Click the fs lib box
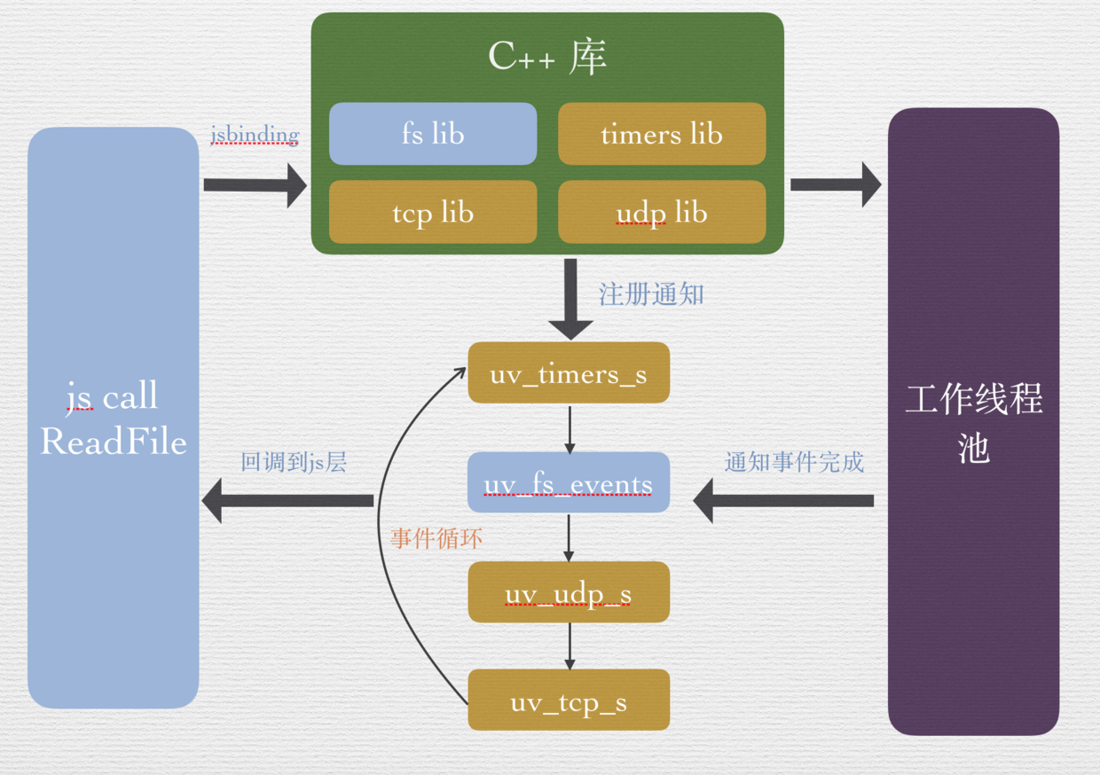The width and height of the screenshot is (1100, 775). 433,134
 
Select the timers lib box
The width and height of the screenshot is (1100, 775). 662,134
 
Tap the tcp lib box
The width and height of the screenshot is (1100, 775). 433,212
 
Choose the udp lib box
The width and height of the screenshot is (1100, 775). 662,212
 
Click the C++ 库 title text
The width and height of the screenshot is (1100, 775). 547,58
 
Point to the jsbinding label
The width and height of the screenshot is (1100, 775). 255,135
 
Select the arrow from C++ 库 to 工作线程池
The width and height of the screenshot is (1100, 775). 835,184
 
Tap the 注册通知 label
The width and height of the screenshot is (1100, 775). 651,294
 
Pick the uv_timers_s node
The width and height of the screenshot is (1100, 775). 569,373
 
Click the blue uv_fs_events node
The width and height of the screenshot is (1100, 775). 569,484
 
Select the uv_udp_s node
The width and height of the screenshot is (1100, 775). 569,592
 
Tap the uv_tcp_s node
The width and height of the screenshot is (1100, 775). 569,701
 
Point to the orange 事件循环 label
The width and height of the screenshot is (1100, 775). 436,538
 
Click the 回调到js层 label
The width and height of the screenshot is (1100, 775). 294,462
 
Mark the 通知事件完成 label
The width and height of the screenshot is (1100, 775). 794,462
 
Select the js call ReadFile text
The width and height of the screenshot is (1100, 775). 114,418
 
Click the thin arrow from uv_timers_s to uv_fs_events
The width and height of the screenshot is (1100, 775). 570,428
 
